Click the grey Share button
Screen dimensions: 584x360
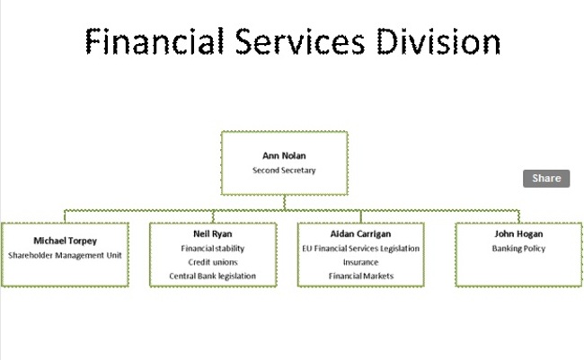[x=546, y=179]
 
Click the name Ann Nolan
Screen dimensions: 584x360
[x=284, y=155]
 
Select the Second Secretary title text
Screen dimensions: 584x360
[x=284, y=171]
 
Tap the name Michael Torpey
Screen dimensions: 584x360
[x=66, y=241]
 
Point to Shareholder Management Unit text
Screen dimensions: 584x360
[x=66, y=255]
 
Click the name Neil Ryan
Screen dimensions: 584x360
[x=213, y=233]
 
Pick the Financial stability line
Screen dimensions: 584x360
[x=213, y=249]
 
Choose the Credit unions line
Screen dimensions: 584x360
[x=213, y=262]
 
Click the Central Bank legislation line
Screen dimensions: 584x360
[x=213, y=276]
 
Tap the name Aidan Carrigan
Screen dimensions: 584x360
[x=360, y=233]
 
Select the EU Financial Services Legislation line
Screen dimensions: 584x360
[x=360, y=249]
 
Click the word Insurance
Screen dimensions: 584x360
[x=360, y=262]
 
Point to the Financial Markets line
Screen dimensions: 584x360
[x=361, y=276]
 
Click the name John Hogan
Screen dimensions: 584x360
[x=518, y=233]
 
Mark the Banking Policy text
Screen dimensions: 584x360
[x=518, y=249]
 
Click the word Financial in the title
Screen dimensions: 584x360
[x=155, y=41]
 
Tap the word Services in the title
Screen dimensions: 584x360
[x=300, y=41]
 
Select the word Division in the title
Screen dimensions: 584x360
[x=438, y=41]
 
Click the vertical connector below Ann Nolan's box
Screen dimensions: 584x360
[x=285, y=203]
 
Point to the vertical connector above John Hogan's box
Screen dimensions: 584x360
[x=518, y=216]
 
